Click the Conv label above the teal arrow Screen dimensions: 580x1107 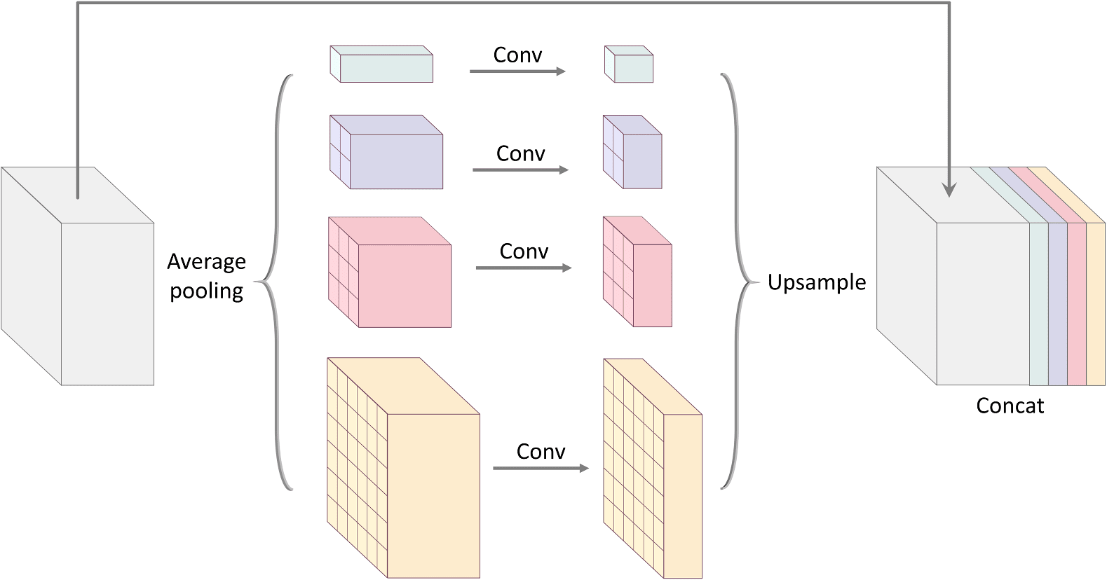pos(517,55)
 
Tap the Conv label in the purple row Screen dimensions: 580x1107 pos(520,153)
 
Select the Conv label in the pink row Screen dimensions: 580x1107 pos(524,251)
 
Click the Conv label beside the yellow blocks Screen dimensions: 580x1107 pos(541,451)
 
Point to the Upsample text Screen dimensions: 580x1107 pos(816,282)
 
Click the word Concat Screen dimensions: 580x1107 pos(1010,406)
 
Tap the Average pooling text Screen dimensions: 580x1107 pos(206,275)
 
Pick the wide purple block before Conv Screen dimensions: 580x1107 pos(395,160)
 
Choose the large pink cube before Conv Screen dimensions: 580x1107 pos(403,284)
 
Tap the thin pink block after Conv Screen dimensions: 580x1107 pos(651,284)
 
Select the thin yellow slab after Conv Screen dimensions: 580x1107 pos(681,494)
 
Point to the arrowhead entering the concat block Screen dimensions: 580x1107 pos(949,190)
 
